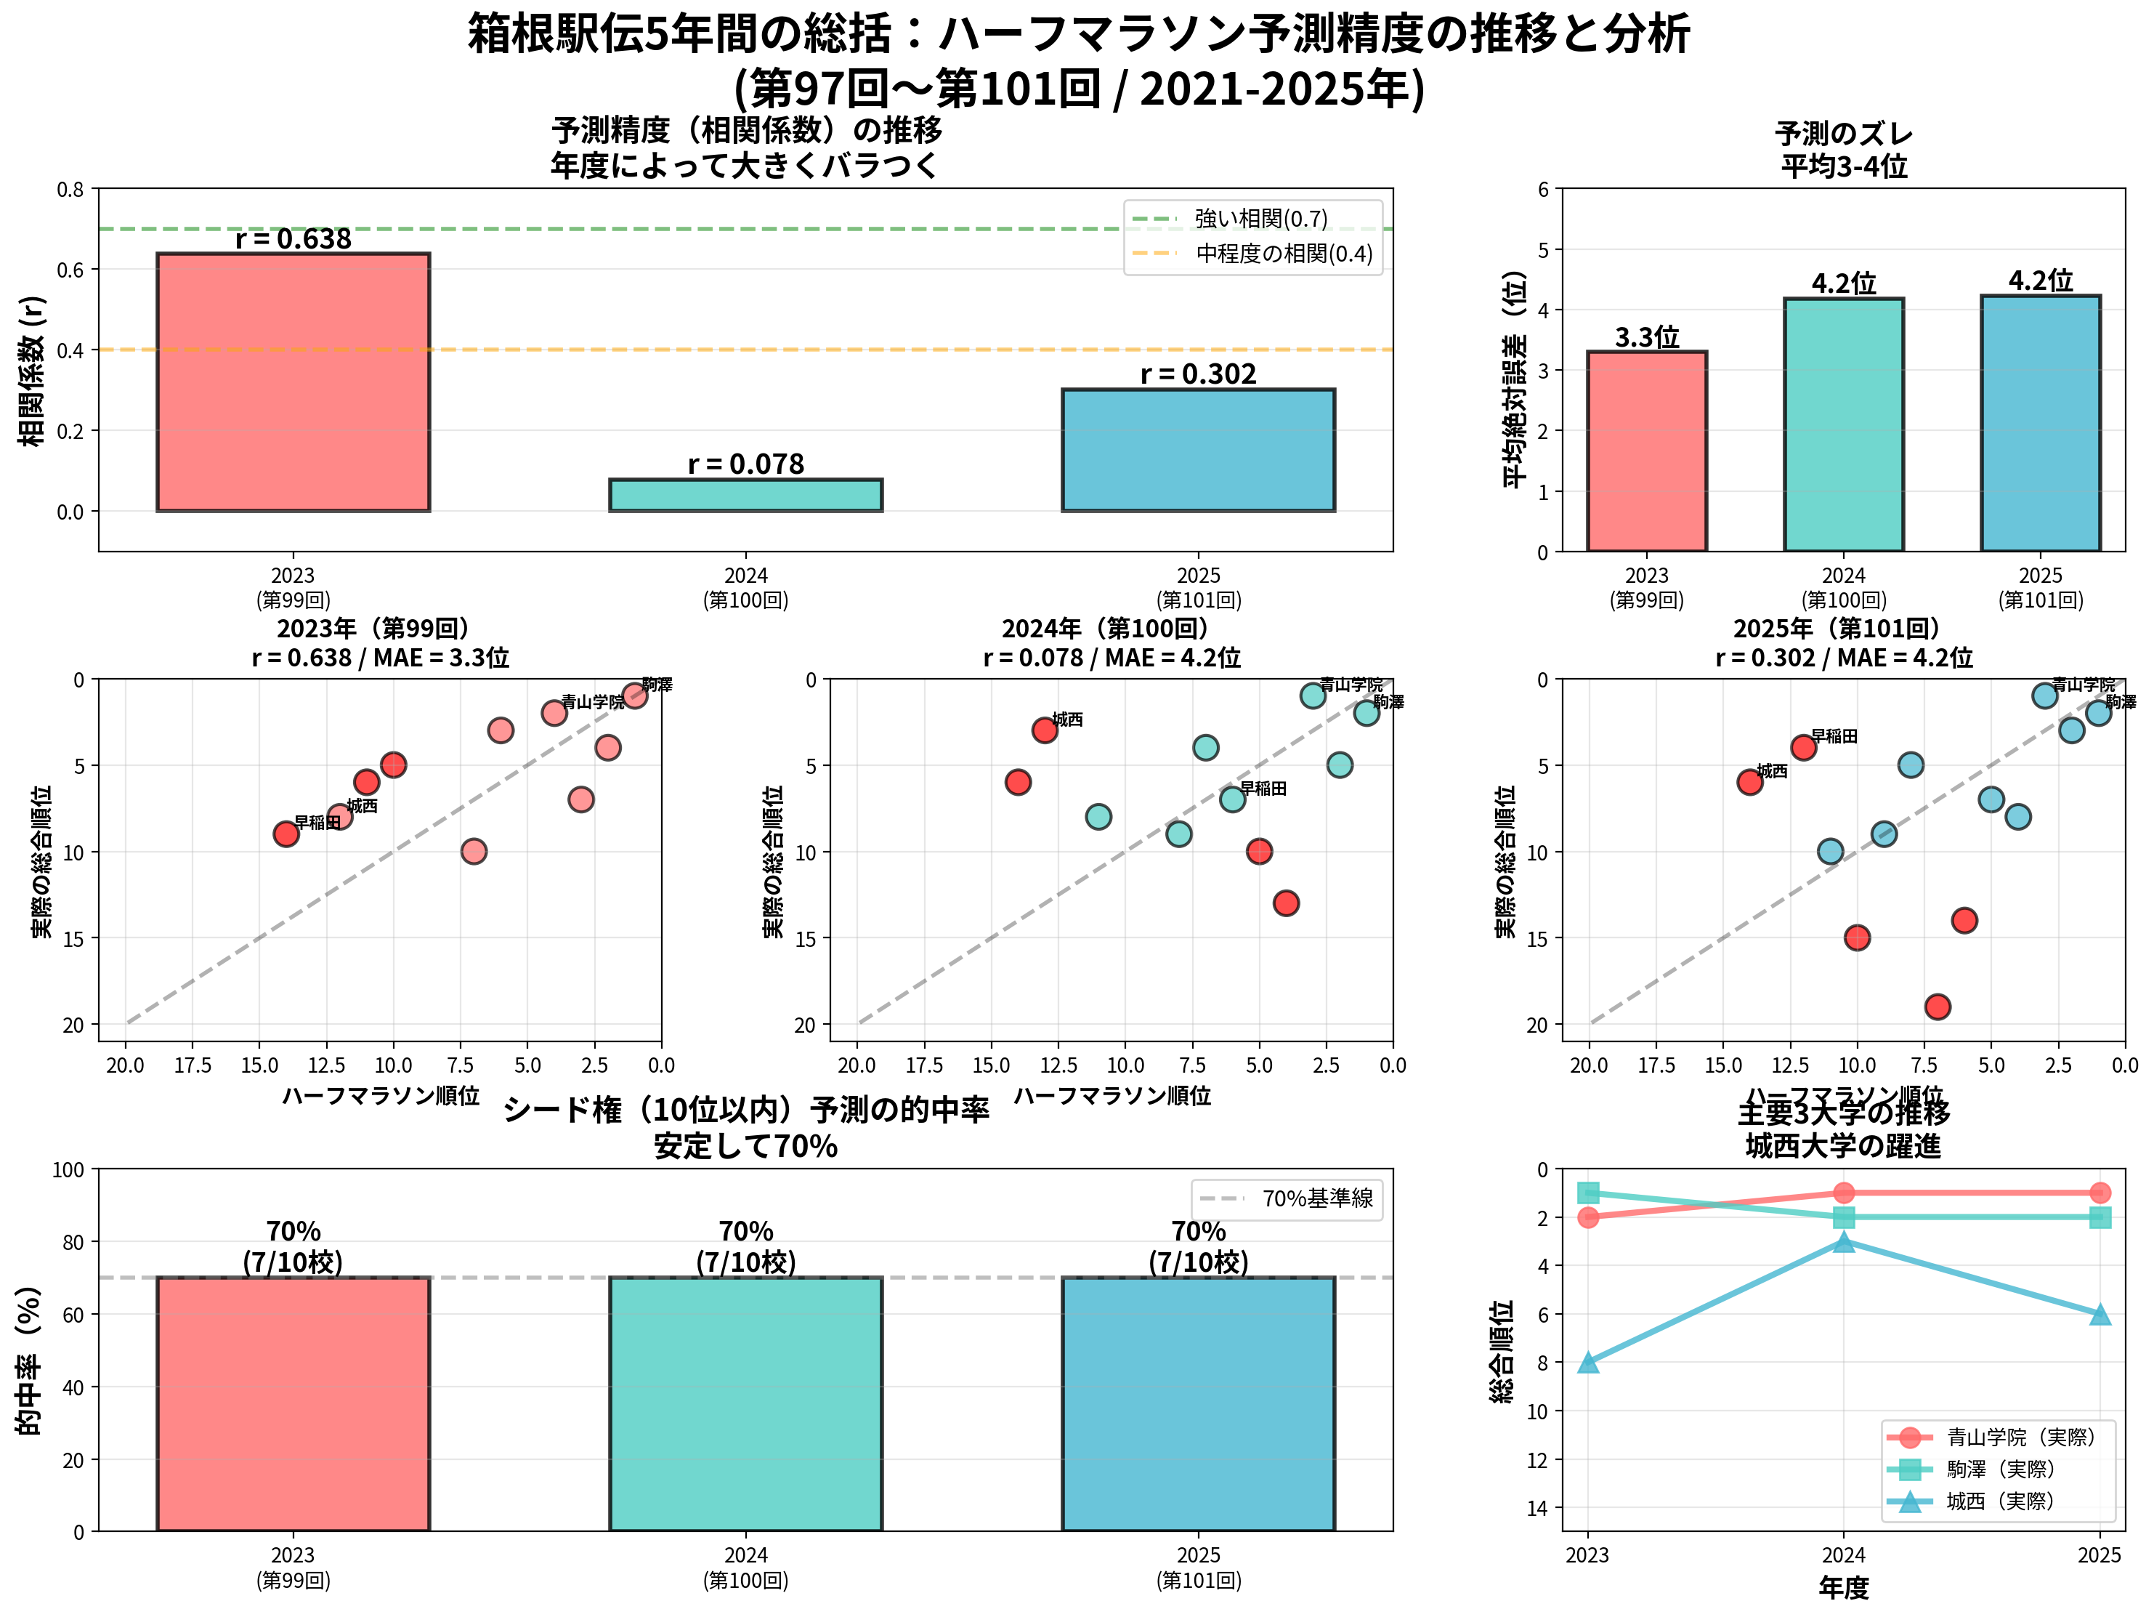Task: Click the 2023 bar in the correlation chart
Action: (293, 382)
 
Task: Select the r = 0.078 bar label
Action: (746, 464)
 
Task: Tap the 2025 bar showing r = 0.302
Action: (1198, 450)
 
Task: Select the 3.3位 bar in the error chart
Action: (1647, 451)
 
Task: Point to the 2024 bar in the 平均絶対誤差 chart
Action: (1843, 424)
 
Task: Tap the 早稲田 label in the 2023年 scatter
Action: (318, 822)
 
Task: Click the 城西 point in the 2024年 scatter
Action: (1045, 730)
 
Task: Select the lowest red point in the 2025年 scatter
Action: (1937, 1007)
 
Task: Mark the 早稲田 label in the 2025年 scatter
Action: (1834, 736)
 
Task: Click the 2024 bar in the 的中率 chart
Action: (746, 1403)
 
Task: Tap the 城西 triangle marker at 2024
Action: (1843, 1242)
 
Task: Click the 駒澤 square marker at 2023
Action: (1587, 1193)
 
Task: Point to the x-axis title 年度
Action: (1843, 1588)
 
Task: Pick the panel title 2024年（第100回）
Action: (1111, 629)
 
